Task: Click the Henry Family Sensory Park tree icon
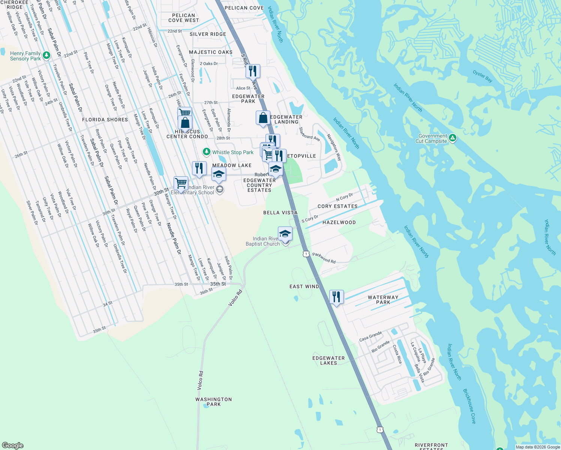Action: click(46, 55)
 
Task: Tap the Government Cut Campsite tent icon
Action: click(453, 138)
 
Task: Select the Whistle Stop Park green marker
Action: click(206, 152)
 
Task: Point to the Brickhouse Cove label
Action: click(469, 406)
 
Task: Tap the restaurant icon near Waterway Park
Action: click(336, 297)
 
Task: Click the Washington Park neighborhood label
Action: click(213, 402)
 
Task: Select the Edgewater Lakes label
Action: click(328, 360)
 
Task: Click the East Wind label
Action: click(304, 286)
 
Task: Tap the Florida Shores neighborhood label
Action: click(105, 120)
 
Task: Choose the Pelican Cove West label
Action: click(183, 18)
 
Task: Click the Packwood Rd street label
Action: click(324, 258)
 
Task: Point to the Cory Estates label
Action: click(337, 206)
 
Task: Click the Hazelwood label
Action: click(339, 222)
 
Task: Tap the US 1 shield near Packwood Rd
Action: click(306, 254)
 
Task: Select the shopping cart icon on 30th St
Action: click(181, 183)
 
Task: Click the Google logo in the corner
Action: click(12, 445)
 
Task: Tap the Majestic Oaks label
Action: click(210, 52)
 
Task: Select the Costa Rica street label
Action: click(397, 354)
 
